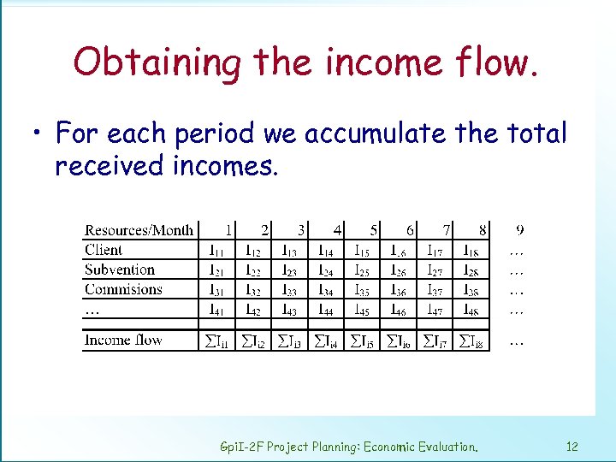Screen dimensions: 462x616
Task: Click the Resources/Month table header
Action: point(139,230)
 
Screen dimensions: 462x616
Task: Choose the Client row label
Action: point(104,250)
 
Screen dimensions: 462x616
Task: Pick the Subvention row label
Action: point(120,269)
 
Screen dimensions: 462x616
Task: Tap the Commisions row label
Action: point(123,289)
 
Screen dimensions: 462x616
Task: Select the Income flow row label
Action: point(122,341)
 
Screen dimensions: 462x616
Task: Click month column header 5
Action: point(374,230)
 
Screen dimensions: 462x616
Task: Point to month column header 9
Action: point(520,229)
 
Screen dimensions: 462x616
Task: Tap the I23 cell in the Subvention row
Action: point(290,270)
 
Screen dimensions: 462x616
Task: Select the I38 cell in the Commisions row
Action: point(471,290)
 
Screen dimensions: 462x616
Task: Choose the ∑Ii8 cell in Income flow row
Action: point(472,341)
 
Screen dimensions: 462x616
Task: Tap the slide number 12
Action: point(572,447)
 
